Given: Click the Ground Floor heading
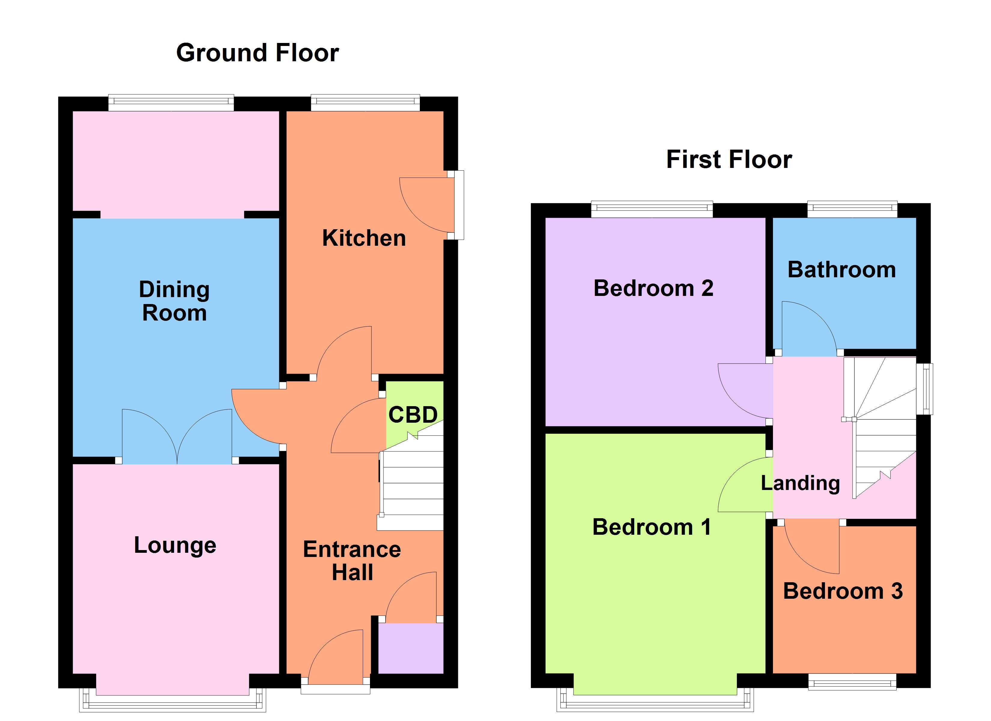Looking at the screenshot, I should (x=257, y=53).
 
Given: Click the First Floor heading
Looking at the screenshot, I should (x=729, y=159).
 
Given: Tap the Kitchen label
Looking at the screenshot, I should (x=364, y=238).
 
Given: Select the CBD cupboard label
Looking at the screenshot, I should (x=413, y=415).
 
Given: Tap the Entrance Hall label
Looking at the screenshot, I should (x=352, y=561).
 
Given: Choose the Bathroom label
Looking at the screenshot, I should (x=841, y=269).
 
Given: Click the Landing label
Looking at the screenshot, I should (x=800, y=483).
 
